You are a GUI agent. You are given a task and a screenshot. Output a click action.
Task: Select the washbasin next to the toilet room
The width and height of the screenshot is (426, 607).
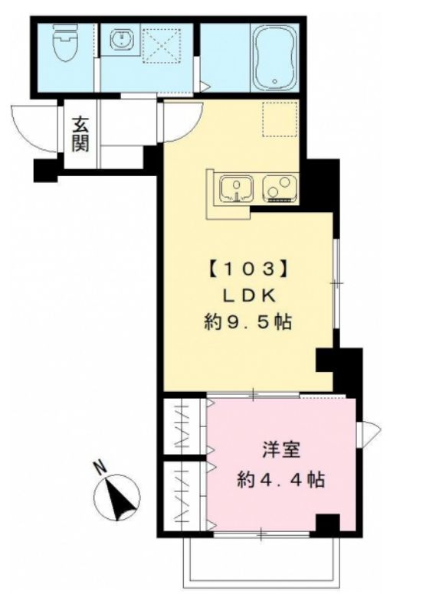click(121, 40)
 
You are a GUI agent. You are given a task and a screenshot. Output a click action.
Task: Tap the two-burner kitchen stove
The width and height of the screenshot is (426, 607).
click(279, 188)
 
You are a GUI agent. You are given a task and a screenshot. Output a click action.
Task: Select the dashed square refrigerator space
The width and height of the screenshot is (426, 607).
click(279, 118)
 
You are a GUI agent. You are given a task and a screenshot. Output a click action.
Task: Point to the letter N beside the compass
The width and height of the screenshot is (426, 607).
click(99, 465)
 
